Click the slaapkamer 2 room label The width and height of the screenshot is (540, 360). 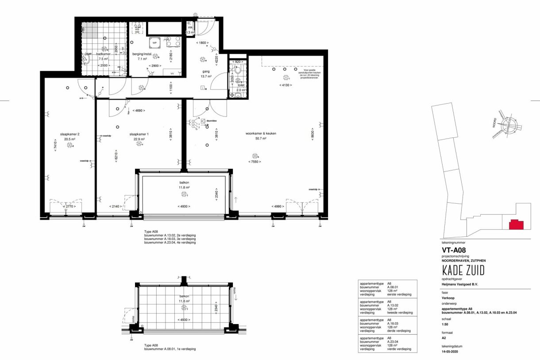tap(69, 134)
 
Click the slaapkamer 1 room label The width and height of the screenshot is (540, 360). tap(139, 134)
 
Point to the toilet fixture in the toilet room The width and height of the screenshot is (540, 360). tap(238, 70)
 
